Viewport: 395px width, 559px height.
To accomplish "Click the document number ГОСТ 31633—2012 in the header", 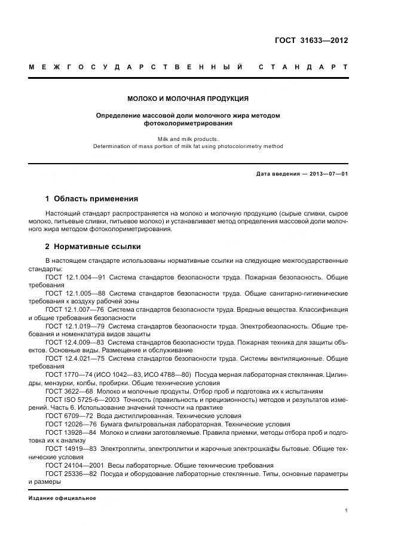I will [x=311, y=41].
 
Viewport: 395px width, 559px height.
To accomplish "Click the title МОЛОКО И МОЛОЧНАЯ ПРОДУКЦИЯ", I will [x=188, y=99].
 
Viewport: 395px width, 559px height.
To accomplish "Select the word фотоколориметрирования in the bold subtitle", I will [x=188, y=124].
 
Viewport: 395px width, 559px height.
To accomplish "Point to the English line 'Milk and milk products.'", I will [x=188, y=139].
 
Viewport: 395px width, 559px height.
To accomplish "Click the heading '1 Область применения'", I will [x=91, y=198].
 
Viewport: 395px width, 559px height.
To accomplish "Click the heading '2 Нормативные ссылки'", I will [x=93, y=246].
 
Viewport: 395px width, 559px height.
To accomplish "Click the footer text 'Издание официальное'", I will [x=62, y=497].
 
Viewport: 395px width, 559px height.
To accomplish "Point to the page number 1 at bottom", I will [x=346, y=511].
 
